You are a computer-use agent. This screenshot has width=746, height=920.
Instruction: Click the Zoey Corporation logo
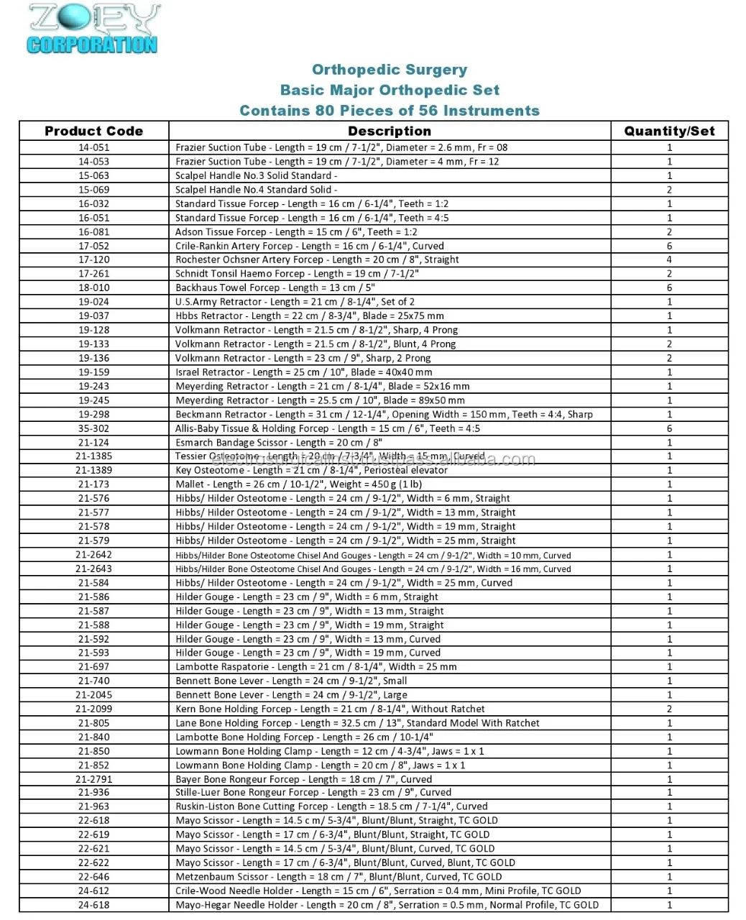pyautogui.click(x=93, y=29)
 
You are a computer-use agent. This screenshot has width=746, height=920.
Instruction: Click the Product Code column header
pyautogui.click(x=93, y=131)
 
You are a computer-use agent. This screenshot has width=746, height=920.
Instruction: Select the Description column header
pyautogui.click(x=390, y=131)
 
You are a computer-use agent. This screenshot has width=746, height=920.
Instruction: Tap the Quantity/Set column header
pyautogui.click(x=669, y=131)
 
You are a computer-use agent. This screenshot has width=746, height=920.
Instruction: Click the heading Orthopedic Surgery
pyautogui.click(x=390, y=70)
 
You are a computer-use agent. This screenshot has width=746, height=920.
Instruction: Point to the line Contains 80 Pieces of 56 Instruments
pyautogui.click(x=390, y=111)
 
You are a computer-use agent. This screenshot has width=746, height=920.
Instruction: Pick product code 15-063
pyautogui.click(x=93, y=175)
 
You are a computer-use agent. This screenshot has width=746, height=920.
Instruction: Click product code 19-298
pyautogui.click(x=93, y=414)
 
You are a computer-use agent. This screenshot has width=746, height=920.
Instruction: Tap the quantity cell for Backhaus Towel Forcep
pyautogui.click(x=669, y=287)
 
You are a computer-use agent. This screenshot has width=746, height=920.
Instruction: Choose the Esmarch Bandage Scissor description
pyautogui.click(x=279, y=443)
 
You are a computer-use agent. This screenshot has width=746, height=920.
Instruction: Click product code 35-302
pyautogui.click(x=93, y=428)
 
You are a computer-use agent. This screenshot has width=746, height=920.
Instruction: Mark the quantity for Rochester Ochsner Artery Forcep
pyautogui.click(x=669, y=259)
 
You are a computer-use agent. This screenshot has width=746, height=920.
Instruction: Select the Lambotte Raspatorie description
pyautogui.click(x=316, y=667)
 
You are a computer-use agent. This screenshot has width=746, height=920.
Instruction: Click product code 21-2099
pyautogui.click(x=93, y=709)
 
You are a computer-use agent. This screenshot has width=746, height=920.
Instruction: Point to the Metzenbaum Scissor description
pyautogui.click(x=339, y=877)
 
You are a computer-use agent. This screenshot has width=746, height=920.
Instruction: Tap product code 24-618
pyautogui.click(x=93, y=905)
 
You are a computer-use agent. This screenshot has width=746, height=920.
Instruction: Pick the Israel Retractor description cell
pyautogui.click(x=304, y=372)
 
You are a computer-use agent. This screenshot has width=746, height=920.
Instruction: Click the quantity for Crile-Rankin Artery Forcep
pyautogui.click(x=669, y=246)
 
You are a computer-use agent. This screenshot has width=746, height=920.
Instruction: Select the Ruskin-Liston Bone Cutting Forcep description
pyautogui.click(x=331, y=806)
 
